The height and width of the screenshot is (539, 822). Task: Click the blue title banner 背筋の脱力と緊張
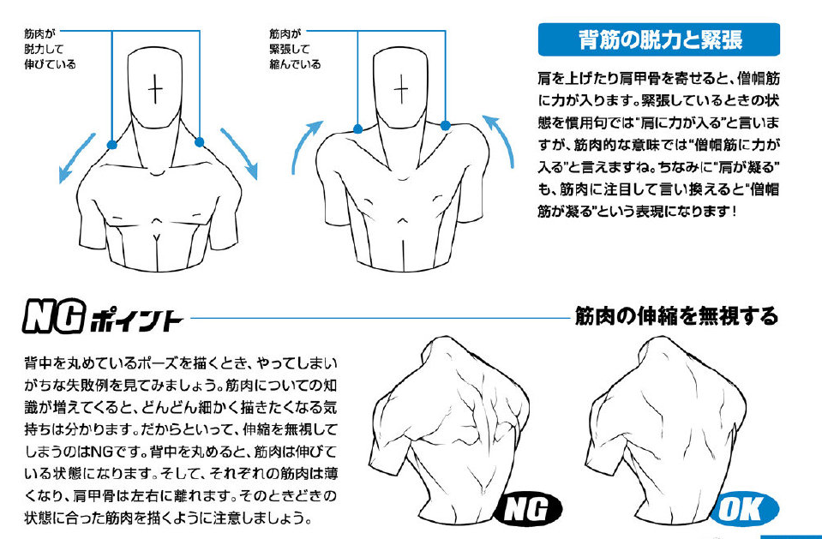click(x=659, y=39)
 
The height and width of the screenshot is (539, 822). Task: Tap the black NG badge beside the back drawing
click(x=528, y=509)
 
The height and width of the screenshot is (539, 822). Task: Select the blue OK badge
click(x=745, y=509)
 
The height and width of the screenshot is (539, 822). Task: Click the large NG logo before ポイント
click(x=53, y=316)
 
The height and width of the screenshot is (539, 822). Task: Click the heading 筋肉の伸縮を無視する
click(x=677, y=316)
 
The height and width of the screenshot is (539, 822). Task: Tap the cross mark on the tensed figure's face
click(x=401, y=88)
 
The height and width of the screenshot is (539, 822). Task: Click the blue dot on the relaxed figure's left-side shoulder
click(x=111, y=145)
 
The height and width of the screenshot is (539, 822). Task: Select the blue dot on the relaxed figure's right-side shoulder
click(x=199, y=142)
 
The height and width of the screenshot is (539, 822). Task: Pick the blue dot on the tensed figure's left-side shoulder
click(x=357, y=129)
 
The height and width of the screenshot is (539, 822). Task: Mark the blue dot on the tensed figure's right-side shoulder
click(x=445, y=126)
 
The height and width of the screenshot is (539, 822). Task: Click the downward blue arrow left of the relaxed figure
click(x=77, y=159)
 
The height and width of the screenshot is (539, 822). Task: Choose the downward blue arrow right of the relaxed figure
click(x=240, y=153)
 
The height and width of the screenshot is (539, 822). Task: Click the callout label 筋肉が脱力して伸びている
click(x=50, y=49)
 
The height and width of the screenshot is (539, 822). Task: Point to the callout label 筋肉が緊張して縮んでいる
click(x=295, y=49)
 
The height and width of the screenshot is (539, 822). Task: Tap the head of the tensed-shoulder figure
click(x=401, y=87)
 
